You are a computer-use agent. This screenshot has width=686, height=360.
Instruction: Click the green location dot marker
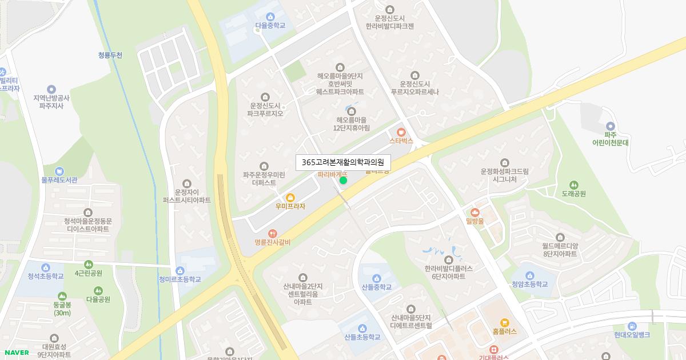(343, 181)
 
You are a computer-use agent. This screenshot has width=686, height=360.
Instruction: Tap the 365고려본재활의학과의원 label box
(343, 163)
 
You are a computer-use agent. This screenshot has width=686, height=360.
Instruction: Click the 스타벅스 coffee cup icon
(401, 131)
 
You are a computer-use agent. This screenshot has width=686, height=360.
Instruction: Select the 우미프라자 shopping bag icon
(290, 197)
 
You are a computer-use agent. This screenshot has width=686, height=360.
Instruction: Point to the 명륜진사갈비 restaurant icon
(273, 233)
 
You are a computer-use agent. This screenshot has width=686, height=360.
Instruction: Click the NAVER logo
(16, 353)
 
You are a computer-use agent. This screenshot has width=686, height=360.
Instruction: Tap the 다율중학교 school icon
(270, 16)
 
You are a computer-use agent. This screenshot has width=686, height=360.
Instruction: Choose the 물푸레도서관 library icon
(59, 171)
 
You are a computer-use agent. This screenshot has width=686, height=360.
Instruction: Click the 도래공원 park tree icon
(574, 185)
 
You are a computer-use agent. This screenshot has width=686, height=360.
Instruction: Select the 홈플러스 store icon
(504, 322)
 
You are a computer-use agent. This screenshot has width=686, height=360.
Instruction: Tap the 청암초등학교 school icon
(529, 275)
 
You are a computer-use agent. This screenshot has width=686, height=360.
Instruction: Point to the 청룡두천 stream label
(110, 55)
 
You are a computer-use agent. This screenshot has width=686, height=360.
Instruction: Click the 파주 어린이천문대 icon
(610, 126)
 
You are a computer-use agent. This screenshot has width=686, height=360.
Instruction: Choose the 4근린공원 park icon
(88, 265)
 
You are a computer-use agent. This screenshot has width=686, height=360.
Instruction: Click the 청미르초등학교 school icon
(180, 271)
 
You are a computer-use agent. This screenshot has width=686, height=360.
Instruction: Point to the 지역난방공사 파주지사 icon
(51, 89)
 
